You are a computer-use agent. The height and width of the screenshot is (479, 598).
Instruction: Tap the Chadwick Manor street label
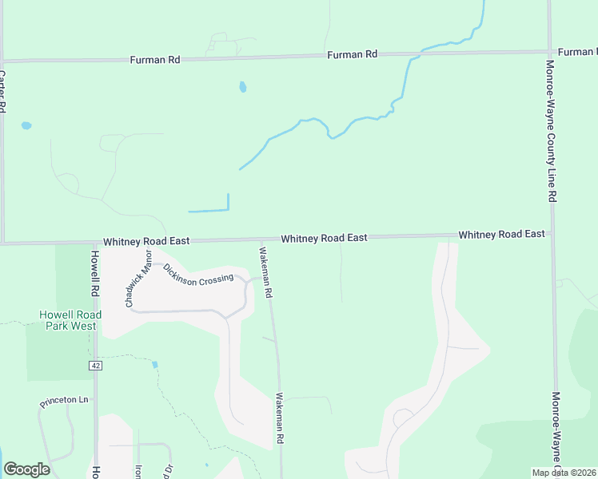click(x=138, y=278)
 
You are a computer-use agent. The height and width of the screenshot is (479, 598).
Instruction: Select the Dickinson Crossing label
click(x=198, y=274)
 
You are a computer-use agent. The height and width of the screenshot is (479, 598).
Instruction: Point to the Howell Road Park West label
click(x=70, y=320)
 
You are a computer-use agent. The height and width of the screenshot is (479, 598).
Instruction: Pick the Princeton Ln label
click(x=64, y=402)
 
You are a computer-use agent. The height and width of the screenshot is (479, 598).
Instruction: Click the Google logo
click(x=26, y=469)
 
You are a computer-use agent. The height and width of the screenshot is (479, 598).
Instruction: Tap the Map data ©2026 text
click(x=564, y=473)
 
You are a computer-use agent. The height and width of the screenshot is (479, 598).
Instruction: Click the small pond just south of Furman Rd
click(x=242, y=87)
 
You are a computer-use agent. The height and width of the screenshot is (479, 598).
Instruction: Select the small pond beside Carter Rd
click(x=26, y=126)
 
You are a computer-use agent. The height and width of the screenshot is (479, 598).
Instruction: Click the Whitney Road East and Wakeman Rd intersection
click(x=261, y=239)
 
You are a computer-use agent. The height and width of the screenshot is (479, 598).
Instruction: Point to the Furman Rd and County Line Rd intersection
click(x=550, y=52)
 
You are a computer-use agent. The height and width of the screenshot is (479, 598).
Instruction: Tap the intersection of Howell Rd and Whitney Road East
click(x=94, y=242)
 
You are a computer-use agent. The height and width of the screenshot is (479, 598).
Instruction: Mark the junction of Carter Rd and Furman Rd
click(x=3, y=61)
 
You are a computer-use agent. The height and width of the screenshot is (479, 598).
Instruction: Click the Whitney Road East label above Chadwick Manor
click(x=146, y=240)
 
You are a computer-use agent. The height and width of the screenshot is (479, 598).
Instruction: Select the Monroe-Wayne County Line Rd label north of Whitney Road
click(x=551, y=130)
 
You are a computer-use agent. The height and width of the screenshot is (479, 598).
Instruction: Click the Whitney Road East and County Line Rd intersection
click(x=552, y=235)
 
